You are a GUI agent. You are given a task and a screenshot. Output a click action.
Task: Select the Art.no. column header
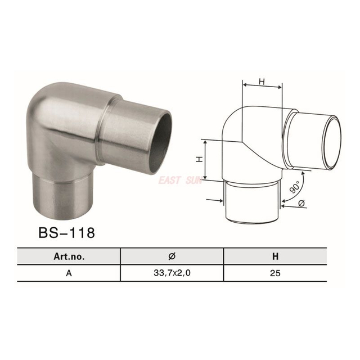tap(69, 256)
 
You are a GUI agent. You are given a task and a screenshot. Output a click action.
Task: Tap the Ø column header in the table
tap(172, 256)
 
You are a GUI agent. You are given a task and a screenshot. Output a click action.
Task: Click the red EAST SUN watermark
tap(181, 181)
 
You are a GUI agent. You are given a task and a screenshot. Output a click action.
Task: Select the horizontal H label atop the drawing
tap(262, 82)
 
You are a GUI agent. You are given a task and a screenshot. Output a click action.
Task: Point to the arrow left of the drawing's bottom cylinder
tap(214, 199)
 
